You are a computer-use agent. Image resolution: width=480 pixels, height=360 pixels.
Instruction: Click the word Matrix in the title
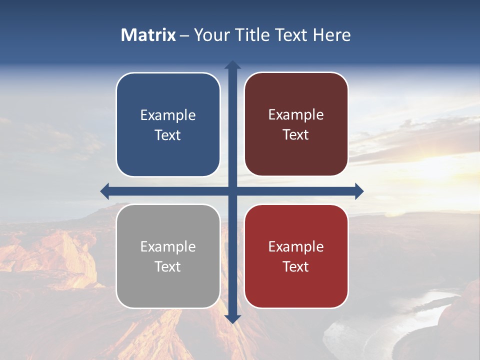[148, 35]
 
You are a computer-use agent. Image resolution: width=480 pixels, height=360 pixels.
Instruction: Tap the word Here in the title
[331, 35]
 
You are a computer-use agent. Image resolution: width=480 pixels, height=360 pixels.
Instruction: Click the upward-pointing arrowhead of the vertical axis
[232, 65]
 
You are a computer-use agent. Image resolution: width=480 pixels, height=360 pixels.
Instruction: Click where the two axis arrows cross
[232, 191]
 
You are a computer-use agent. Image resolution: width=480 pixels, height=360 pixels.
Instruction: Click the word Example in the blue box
[168, 115]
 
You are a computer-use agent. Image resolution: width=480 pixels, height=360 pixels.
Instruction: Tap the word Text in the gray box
[168, 266]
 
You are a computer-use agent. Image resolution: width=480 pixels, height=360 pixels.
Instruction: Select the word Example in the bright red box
[296, 246]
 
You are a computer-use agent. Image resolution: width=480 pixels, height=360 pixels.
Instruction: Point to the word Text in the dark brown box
[296, 135]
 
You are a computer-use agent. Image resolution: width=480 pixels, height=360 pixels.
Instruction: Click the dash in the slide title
[184, 35]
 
